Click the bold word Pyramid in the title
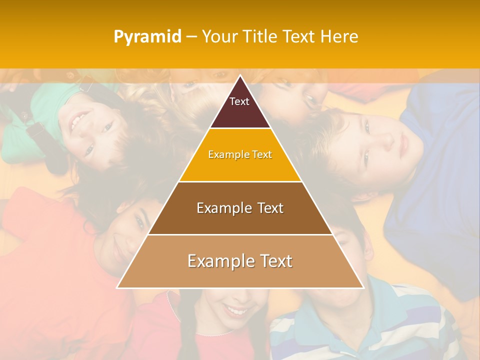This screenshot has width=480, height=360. click(147, 36)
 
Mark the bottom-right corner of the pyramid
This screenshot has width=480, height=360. click(363, 287)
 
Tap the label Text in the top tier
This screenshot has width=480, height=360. click(239, 101)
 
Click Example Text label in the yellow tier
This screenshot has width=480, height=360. click(240, 154)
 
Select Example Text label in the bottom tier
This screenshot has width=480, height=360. click(240, 261)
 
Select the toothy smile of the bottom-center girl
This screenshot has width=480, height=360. click(233, 310)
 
